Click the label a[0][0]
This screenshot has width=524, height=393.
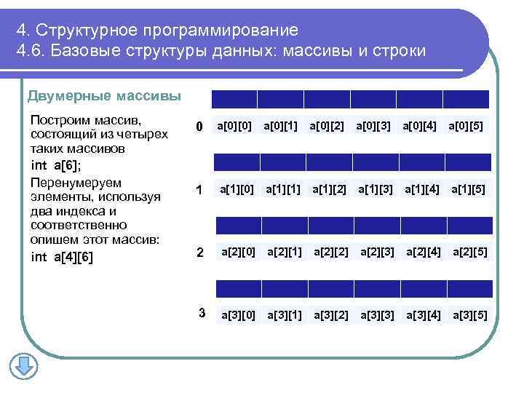coord(234,127)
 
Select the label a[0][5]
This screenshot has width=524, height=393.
coord(466,127)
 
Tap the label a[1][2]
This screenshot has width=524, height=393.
coord(330,190)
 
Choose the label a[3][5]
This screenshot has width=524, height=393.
coord(470,315)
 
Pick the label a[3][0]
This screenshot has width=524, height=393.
coord(238,315)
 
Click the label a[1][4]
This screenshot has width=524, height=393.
coord(423,190)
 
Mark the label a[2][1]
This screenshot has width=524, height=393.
coord(285,253)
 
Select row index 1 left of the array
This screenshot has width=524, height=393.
coord(198,191)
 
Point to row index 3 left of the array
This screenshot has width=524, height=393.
coord(202,314)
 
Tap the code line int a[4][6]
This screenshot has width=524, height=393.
coord(62,257)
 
